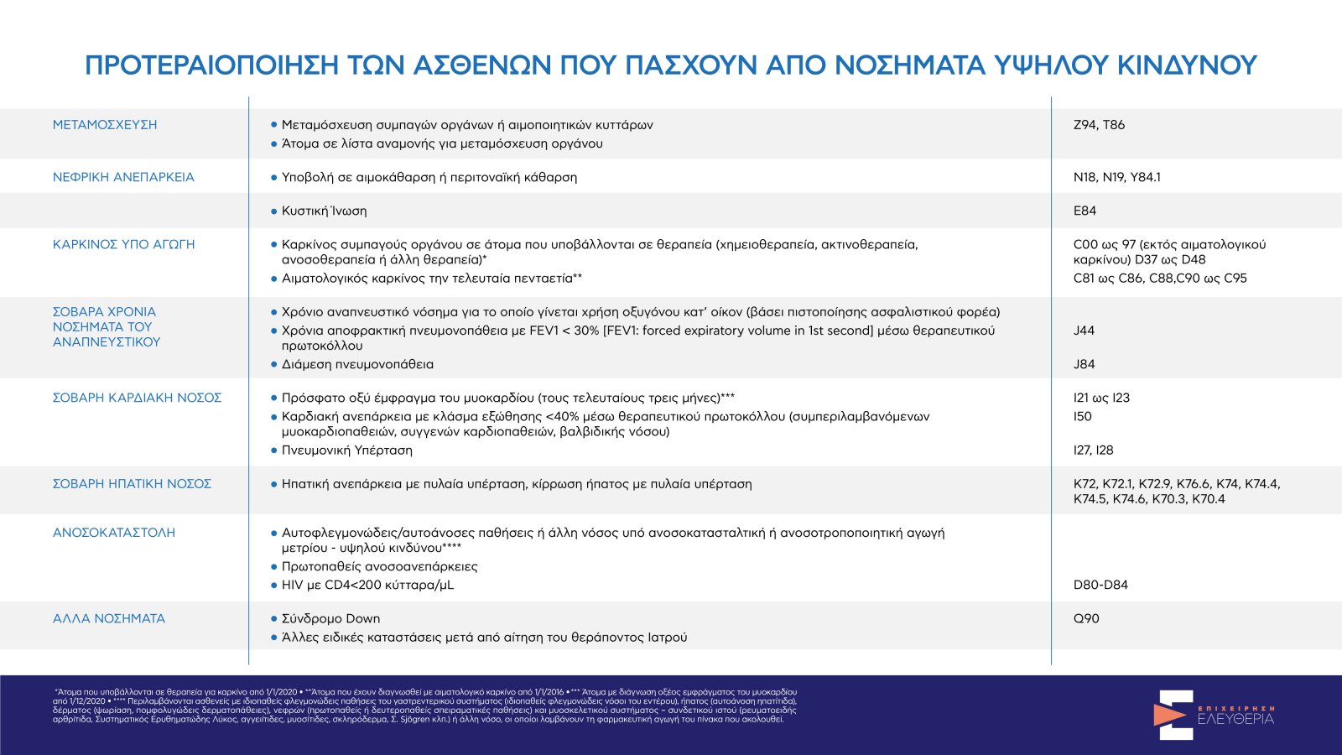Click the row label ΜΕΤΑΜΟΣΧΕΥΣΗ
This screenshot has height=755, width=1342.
pos(105,125)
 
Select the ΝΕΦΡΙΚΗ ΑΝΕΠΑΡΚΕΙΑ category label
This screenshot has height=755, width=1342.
pos(123,177)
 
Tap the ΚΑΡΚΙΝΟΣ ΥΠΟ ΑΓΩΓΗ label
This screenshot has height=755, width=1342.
pos(123,244)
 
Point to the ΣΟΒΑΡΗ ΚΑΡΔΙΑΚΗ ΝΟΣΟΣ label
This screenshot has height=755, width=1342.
pos(137,398)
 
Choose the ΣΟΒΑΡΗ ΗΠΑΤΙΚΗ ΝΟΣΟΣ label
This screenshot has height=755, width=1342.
pos(132,484)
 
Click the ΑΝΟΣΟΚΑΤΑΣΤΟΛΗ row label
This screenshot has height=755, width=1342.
pos(114,533)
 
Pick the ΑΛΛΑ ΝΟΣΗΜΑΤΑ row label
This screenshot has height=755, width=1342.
pos(109,618)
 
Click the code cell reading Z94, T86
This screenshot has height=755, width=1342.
pos(1099,125)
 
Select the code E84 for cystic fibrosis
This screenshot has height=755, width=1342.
pos(1085,211)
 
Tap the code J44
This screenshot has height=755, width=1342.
pos(1084,331)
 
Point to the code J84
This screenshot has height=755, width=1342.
pos(1084,364)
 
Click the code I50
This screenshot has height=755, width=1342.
pos(1083,416)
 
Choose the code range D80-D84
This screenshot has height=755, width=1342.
pos(1100,585)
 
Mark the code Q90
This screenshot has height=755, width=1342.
pos(1085,618)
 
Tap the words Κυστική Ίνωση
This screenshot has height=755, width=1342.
pos(324,211)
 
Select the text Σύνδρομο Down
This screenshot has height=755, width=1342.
pos(330,618)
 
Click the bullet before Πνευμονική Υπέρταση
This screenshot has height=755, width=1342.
pos(273,450)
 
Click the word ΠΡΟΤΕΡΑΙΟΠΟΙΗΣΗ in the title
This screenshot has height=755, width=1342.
pos(211,65)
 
